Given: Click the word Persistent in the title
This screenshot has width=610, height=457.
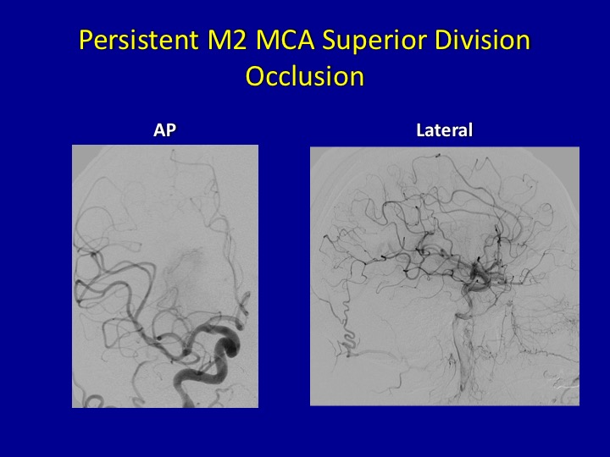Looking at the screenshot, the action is click(x=138, y=40).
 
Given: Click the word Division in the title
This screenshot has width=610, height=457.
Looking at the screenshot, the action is click(x=482, y=40).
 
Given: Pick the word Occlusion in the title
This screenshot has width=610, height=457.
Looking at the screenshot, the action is click(x=305, y=76).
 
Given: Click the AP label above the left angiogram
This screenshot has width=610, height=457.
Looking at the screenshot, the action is click(x=164, y=130).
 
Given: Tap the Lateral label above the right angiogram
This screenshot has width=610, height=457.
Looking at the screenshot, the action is click(x=444, y=130).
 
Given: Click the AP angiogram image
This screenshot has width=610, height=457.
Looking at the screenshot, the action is click(x=165, y=276).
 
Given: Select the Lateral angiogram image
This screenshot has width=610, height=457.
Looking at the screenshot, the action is click(x=445, y=276).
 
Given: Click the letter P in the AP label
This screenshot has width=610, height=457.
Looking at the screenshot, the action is click(x=171, y=130).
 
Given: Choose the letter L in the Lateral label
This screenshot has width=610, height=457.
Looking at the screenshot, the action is click(x=420, y=130).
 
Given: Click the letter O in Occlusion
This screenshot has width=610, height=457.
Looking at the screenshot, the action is click(x=256, y=76).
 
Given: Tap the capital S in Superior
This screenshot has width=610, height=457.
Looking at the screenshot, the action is click(x=329, y=40).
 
